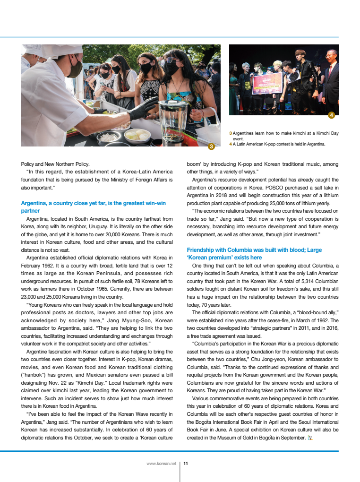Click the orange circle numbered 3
[211, 146]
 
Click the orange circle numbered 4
[331, 115]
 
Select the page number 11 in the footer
[186, 464]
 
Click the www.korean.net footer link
[161, 464]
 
